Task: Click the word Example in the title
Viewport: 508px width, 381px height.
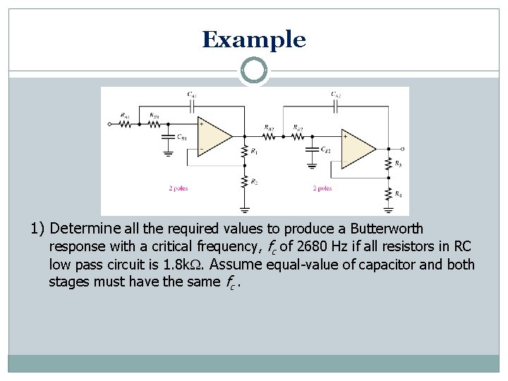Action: [254, 40]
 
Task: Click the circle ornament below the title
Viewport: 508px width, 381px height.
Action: [254, 71]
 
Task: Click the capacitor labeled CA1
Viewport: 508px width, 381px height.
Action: [192, 104]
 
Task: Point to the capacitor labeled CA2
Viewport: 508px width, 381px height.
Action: [337, 104]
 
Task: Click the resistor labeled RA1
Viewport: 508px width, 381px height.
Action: [126, 123]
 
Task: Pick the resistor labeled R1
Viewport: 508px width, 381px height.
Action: [245, 151]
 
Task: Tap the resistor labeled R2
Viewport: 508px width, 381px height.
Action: [245, 182]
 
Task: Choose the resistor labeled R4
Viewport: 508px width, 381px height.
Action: [389, 193]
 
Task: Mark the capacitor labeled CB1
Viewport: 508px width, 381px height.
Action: [169, 138]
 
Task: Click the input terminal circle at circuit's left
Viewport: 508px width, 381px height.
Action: [110, 124]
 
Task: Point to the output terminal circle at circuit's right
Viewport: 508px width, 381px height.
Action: [401, 149]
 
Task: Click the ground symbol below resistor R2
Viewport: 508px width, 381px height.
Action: [245, 209]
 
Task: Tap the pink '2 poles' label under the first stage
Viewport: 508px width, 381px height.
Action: [178, 188]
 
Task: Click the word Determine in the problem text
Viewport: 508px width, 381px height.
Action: [85, 229]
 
